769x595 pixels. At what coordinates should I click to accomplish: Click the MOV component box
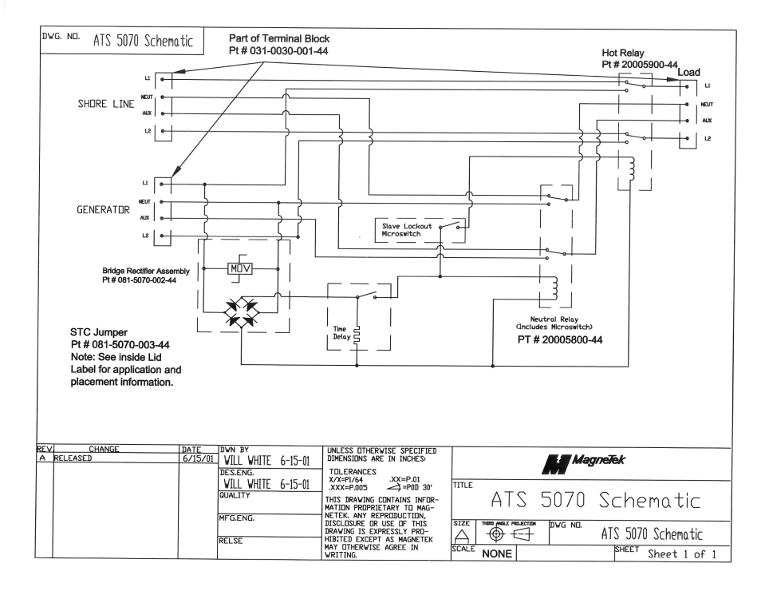pos(240,267)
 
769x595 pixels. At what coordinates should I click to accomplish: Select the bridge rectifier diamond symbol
pos(240,307)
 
